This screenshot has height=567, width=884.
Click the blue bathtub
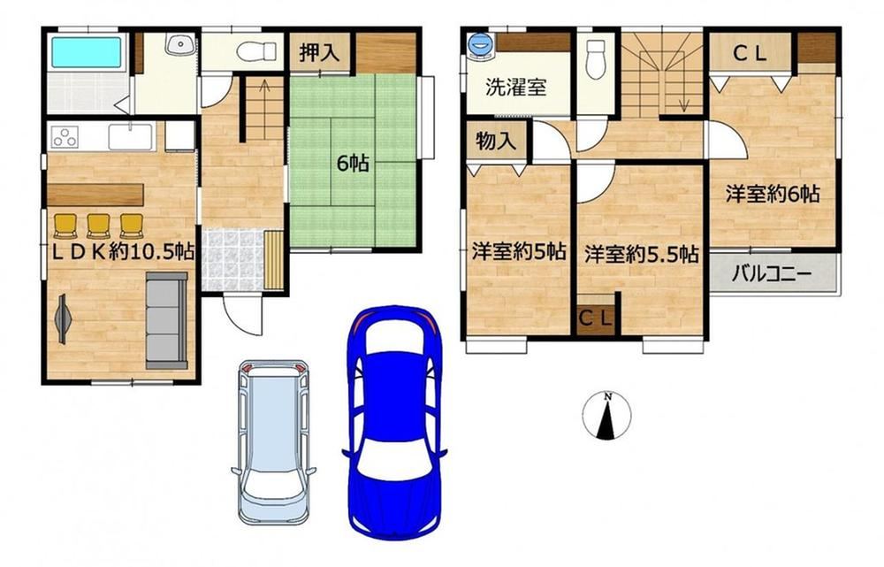87,52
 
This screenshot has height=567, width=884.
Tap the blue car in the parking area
394,423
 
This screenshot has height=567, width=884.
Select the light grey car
273,441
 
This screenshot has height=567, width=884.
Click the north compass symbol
606,416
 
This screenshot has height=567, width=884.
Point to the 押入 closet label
320,52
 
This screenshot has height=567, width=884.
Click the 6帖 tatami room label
353,163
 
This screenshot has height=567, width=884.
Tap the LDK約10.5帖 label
124,251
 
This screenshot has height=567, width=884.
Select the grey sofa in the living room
166,320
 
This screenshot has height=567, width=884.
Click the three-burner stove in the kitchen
65,137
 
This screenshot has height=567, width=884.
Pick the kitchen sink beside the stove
130,136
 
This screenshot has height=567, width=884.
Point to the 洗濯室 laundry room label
516,88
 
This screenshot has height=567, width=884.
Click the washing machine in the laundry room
480,45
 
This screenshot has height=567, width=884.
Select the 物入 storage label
496,141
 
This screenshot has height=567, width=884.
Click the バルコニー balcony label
772,275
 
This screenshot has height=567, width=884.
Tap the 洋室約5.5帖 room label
641,254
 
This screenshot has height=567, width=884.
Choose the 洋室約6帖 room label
773,194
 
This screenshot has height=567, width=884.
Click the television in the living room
62,319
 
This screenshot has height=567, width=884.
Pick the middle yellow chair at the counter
99,226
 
